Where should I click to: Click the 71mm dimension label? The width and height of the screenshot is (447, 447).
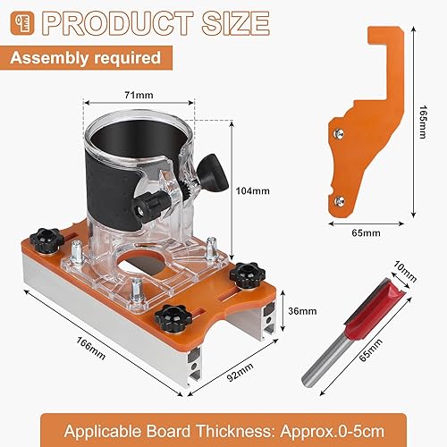(x=139, y=95)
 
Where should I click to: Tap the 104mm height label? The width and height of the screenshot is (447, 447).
(x=253, y=190)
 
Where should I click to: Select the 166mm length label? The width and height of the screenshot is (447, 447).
(x=91, y=348)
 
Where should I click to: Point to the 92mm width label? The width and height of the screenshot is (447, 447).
(x=240, y=371)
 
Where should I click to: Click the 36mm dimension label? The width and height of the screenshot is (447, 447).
(x=302, y=311)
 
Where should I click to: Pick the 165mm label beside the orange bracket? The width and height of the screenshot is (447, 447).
(x=423, y=122)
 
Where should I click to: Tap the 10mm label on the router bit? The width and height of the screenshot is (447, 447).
(x=405, y=272)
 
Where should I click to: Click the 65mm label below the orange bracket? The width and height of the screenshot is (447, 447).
(x=366, y=232)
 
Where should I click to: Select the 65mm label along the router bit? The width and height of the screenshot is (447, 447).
(x=371, y=350)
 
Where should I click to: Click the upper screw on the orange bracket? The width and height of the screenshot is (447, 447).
(x=339, y=133)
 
